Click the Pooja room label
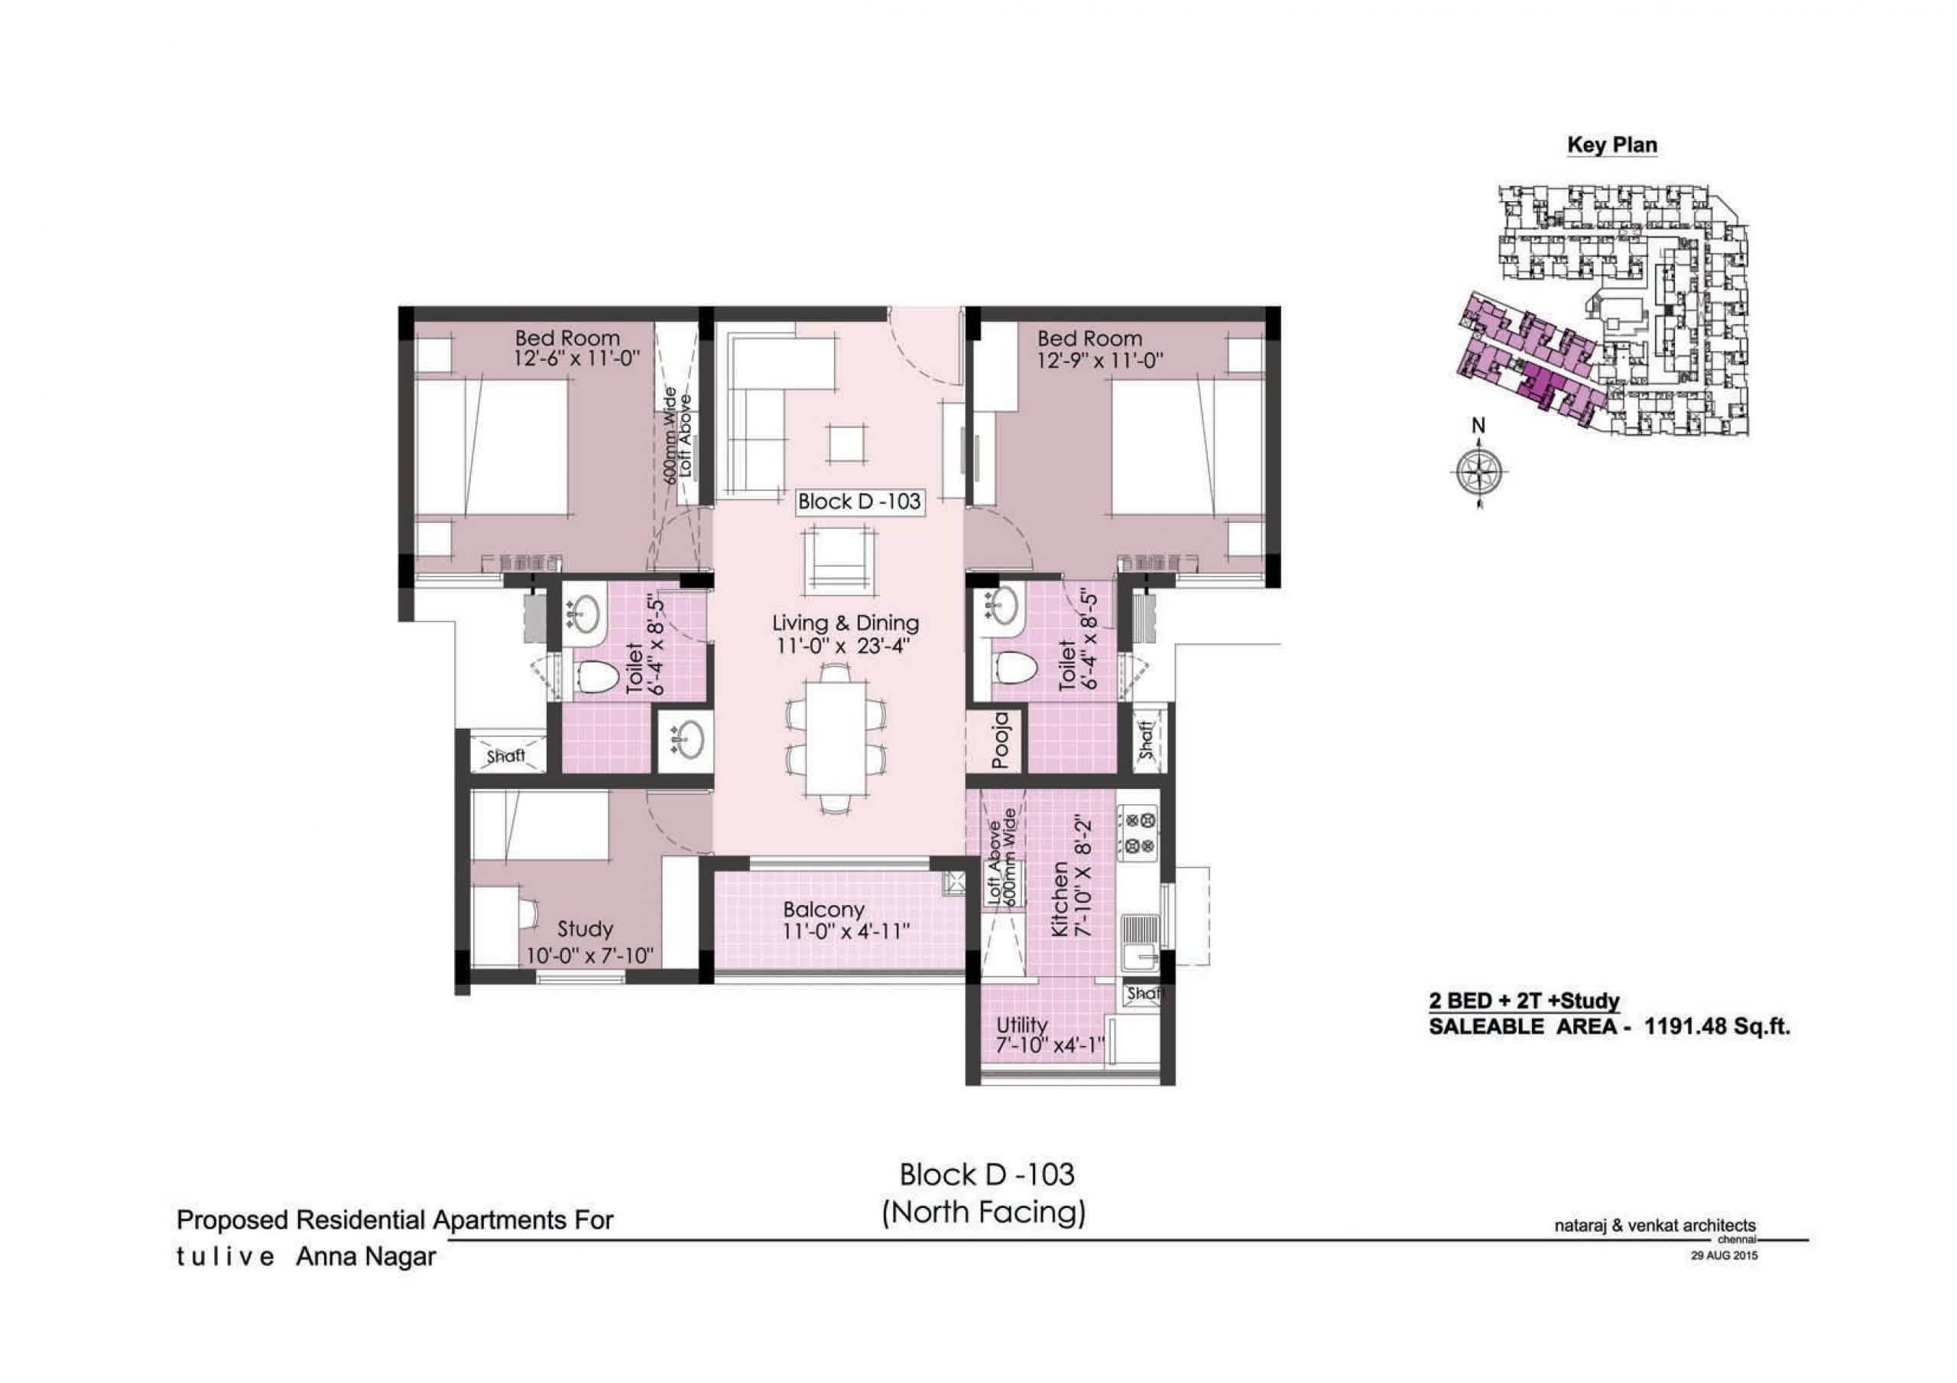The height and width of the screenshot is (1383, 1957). (x=1001, y=739)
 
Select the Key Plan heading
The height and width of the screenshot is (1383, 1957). (x=1611, y=145)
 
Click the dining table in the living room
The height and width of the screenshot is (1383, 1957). (x=836, y=739)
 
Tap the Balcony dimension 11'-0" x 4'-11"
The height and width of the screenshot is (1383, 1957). (x=846, y=931)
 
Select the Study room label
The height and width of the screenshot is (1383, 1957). (x=585, y=929)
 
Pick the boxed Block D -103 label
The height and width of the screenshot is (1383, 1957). (x=859, y=502)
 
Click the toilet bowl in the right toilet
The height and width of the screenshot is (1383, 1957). (x=1015, y=667)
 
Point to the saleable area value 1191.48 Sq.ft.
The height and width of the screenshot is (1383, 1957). (x=1717, y=1027)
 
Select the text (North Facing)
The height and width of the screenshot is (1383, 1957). (x=984, y=1212)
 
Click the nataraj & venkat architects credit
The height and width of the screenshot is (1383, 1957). (x=1655, y=1226)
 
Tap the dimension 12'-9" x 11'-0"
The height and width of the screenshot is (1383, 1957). (x=1099, y=361)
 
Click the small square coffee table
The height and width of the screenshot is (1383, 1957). (x=846, y=443)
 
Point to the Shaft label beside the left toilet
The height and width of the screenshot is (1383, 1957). (x=505, y=755)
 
